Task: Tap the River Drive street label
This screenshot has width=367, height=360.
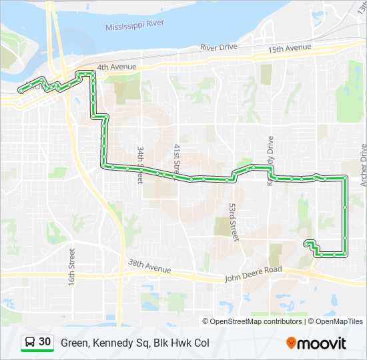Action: pyautogui.click(x=218, y=48)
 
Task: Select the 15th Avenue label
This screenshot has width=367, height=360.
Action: pyautogui.click(x=290, y=48)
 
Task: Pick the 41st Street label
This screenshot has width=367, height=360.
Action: pyautogui.click(x=177, y=160)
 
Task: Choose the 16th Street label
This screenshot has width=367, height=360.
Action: pyautogui.click(x=71, y=267)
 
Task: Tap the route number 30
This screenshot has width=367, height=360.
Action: pyautogui.click(x=45, y=342)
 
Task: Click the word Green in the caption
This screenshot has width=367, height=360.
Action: pyautogui.click(x=74, y=343)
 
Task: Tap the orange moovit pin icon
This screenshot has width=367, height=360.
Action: pyautogui.click(x=292, y=343)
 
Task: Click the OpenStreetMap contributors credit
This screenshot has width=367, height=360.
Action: pyautogui.click(x=256, y=321)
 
